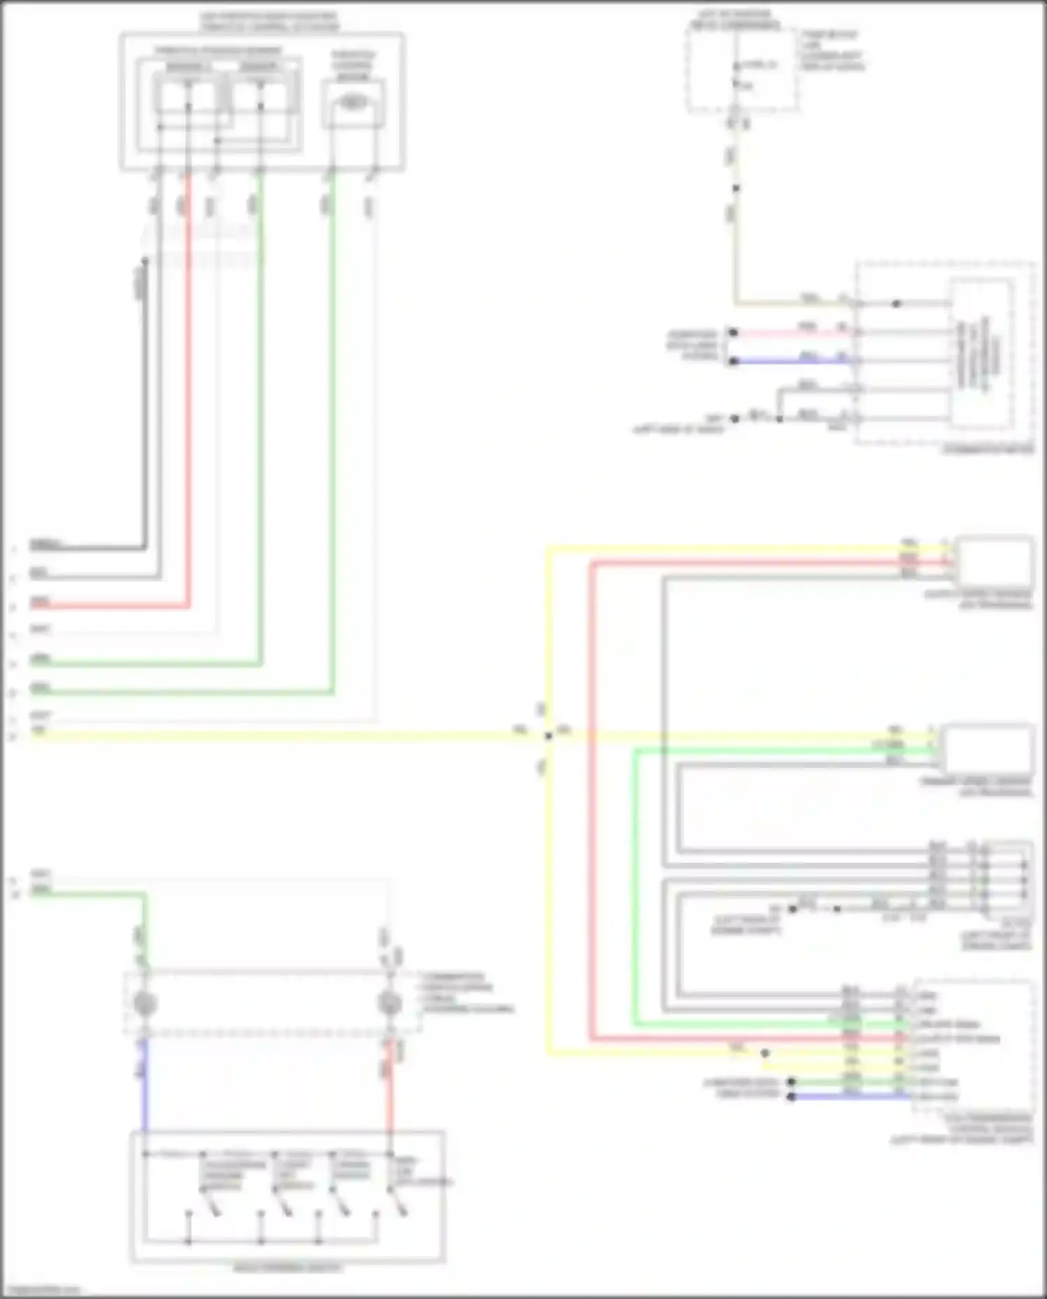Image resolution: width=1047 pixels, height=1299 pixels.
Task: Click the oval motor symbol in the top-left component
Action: coord(353,103)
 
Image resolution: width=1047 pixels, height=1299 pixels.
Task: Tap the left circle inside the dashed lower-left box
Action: coord(144,1003)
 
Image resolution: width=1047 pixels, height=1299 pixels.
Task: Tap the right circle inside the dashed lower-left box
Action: coord(389,1003)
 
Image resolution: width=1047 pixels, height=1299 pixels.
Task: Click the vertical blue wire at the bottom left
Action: coord(144,1089)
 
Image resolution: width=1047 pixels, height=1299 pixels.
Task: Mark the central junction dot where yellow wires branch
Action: coord(549,735)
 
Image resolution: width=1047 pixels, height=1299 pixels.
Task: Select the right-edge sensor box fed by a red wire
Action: coord(994,562)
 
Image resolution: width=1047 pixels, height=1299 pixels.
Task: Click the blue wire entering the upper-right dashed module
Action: coord(789,362)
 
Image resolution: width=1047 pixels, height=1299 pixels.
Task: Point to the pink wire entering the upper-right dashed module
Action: coord(789,332)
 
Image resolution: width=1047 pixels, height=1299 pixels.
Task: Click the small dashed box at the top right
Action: coord(741,70)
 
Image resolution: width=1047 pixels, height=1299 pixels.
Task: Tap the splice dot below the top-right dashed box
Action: coord(736,188)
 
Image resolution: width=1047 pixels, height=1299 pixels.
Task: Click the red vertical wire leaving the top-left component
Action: coord(188,391)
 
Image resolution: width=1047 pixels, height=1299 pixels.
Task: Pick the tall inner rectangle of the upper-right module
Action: coord(981,355)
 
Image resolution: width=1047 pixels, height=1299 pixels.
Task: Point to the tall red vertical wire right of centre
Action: coord(591,803)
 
